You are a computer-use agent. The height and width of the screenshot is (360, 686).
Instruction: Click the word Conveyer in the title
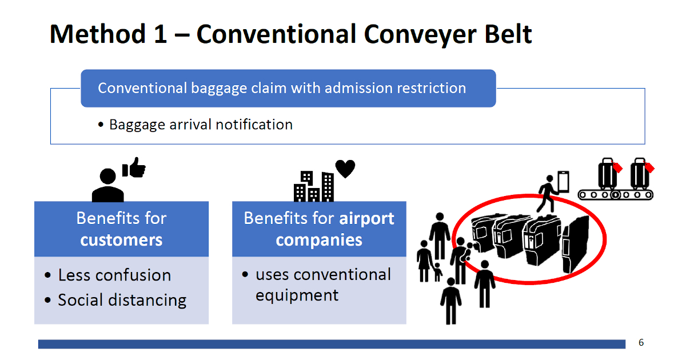420,35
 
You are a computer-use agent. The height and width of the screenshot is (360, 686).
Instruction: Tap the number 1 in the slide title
160,34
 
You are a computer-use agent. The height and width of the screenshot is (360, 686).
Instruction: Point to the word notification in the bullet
254,125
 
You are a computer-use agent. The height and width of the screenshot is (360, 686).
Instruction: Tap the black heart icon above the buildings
345,169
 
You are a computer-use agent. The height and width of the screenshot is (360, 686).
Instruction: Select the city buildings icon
314,186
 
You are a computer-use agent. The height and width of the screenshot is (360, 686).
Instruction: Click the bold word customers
121,239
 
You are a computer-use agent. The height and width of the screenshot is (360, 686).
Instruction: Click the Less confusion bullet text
114,275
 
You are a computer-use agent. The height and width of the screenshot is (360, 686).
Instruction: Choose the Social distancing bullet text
122,300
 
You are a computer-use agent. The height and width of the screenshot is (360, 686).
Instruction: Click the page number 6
641,342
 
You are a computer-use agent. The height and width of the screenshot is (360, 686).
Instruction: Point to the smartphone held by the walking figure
563,182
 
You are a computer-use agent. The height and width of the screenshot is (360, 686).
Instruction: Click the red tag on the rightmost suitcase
649,167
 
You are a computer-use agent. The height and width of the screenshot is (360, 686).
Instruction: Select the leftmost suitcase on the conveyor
607,174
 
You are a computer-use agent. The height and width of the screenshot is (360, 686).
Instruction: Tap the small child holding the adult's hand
438,272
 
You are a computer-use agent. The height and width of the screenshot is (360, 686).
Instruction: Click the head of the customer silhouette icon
107,176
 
